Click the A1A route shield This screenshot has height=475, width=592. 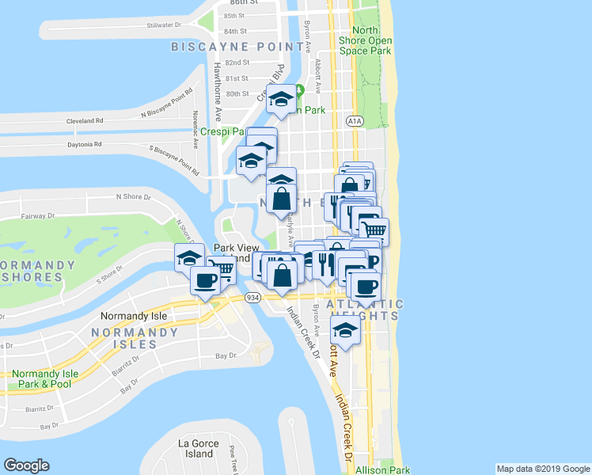click(354, 120)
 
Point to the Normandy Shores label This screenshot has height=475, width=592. click(32, 271)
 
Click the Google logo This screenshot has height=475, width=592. click(26, 465)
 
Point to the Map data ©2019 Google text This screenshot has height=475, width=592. click(542, 469)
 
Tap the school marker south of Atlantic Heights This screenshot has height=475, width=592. click(345, 329)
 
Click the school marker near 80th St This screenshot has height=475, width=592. click(281, 99)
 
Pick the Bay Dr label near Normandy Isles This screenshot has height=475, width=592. click(226, 356)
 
